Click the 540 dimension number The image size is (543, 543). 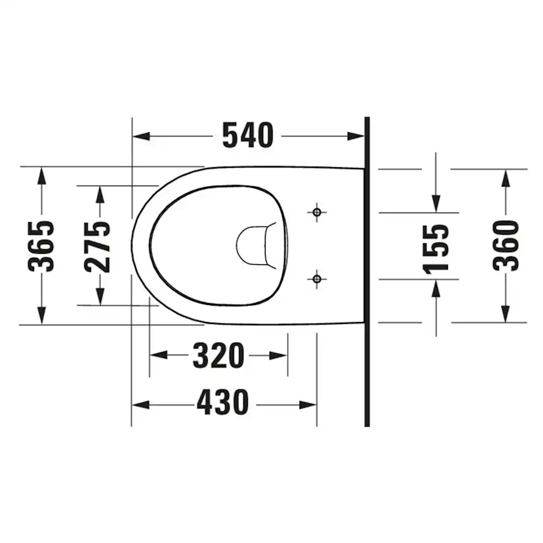coord(247,136)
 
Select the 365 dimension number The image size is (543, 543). coord(42,245)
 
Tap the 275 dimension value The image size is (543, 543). coord(98,246)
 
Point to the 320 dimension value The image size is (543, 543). coord(218,355)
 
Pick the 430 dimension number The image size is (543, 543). coord(223,403)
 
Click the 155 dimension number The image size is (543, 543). coord(436,248)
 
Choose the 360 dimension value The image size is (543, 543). coord(506,245)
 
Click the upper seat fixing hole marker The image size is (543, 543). coord(317,212)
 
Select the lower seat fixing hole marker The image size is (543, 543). coord(317,279)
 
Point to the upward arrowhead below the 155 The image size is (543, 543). coord(436,287)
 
